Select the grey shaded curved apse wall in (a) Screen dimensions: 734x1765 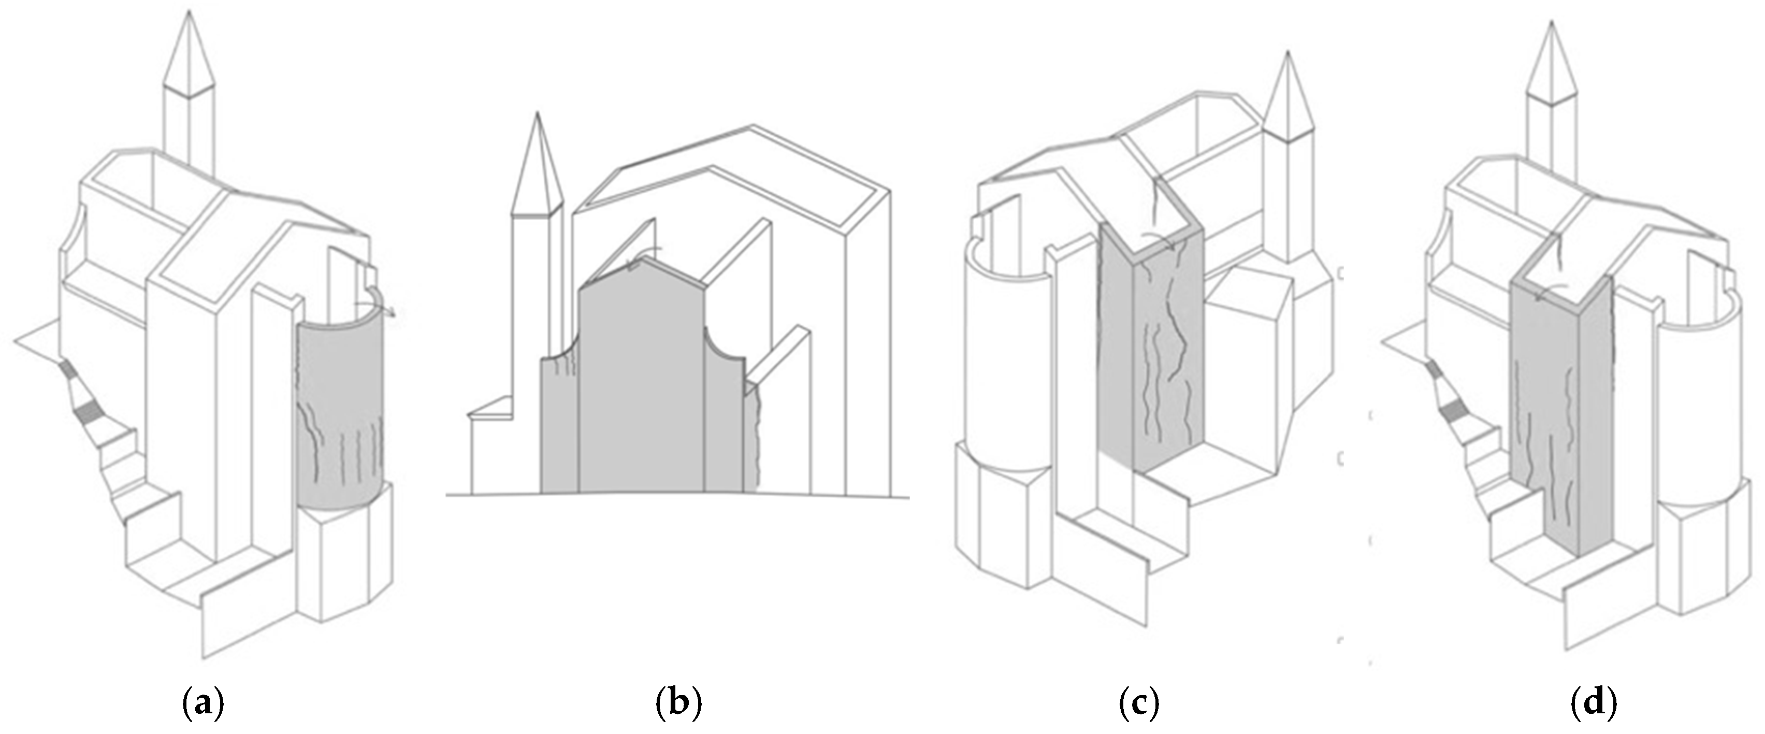341,418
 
